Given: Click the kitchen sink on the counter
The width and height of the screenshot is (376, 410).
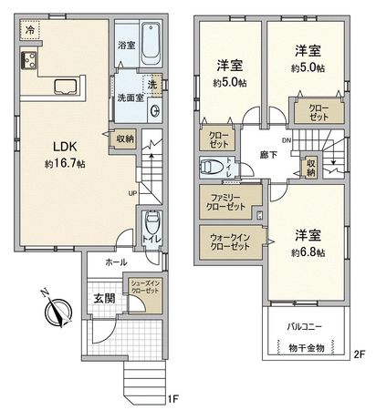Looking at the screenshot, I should coord(68,87).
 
